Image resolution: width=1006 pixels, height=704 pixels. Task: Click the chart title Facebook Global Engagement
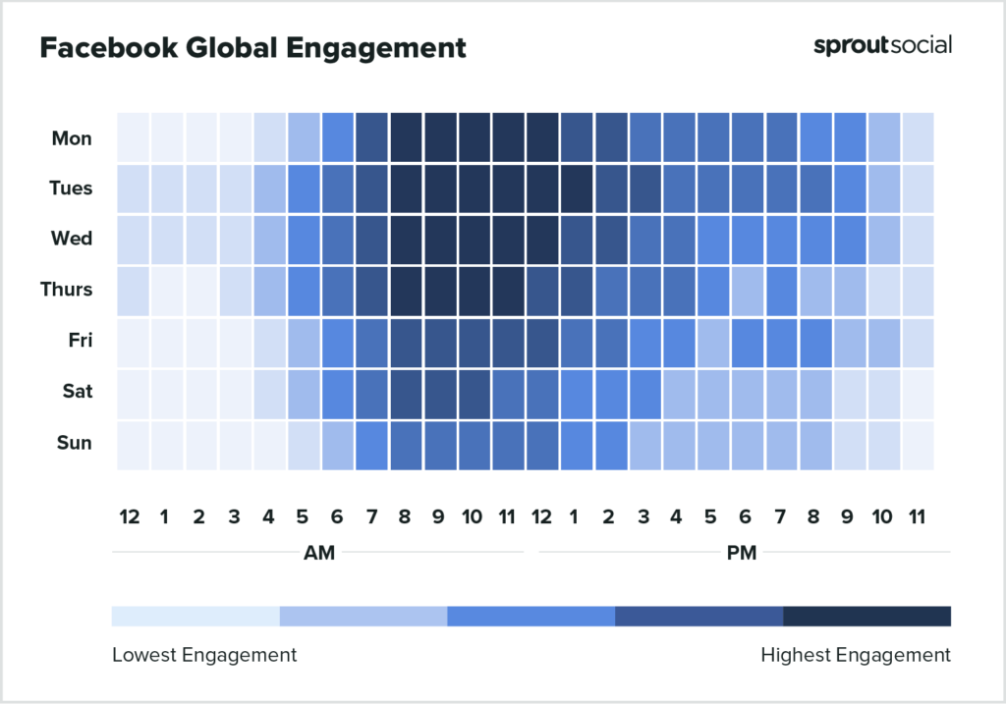click(252, 47)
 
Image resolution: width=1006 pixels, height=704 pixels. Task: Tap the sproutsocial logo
click(882, 45)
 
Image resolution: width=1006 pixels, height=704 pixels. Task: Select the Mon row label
click(72, 138)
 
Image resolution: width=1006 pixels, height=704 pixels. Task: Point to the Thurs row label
click(67, 290)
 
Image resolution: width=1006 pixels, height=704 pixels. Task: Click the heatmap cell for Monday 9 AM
click(440, 137)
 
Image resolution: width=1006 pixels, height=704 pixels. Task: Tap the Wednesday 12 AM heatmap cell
click(133, 240)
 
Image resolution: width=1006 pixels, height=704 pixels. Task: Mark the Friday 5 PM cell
click(712, 342)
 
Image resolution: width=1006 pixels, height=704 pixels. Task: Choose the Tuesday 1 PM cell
click(577, 189)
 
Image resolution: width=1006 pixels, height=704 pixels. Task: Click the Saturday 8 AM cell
click(406, 393)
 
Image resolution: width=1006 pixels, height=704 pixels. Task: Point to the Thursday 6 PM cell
click(747, 291)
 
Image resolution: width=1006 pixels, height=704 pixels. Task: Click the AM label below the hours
click(319, 553)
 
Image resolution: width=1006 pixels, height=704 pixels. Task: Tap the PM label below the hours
click(742, 553)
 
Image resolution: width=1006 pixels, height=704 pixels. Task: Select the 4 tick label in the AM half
click(268, 516)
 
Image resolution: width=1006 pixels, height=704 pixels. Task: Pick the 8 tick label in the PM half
click(814, 516)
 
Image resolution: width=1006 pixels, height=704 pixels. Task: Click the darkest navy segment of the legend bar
click(866, 616)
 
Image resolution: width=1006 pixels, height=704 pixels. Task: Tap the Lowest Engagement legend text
click(204, 655)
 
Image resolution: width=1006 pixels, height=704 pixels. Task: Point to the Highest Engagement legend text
click(856, 655)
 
